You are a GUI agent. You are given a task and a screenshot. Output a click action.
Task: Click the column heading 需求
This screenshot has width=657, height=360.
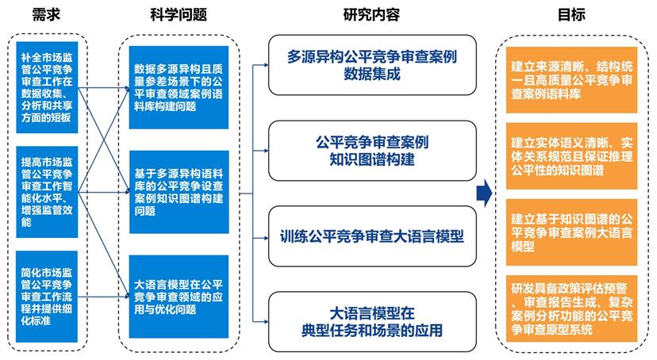47,14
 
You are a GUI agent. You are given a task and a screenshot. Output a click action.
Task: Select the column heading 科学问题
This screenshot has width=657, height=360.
179,14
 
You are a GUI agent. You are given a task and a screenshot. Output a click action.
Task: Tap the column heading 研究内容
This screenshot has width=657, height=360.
371,14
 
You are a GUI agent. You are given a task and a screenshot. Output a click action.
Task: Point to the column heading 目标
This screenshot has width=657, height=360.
571,14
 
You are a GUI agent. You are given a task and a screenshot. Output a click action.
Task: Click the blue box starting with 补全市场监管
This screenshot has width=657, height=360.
47,87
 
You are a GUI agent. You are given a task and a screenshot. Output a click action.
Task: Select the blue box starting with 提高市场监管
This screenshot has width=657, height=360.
47,192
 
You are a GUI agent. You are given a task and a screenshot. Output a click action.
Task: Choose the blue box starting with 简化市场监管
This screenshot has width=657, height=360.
47,297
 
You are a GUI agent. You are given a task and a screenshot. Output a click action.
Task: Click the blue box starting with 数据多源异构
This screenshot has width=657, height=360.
179,87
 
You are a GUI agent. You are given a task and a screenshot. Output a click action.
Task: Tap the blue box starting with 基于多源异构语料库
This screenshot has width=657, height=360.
179,192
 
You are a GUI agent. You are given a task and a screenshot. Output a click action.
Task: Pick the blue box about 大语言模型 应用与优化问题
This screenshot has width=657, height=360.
179,297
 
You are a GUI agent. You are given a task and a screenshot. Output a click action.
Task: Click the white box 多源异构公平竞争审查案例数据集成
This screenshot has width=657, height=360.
372,65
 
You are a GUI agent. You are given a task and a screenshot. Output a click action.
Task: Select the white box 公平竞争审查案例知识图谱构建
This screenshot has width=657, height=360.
372,151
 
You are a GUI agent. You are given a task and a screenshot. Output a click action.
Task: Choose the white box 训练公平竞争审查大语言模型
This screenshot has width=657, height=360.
372,236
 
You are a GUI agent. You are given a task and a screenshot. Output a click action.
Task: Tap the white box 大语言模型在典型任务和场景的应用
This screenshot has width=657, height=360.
372,321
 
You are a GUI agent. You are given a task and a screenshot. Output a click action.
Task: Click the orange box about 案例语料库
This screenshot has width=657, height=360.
571,80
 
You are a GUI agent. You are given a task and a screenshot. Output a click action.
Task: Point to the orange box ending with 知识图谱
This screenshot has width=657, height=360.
571,156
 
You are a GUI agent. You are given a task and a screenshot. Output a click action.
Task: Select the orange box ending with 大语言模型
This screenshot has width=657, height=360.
571,232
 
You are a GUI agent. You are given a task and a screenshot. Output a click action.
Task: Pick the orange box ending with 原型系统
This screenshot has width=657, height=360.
571,308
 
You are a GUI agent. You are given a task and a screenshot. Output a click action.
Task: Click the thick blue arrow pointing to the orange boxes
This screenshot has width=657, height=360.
484,193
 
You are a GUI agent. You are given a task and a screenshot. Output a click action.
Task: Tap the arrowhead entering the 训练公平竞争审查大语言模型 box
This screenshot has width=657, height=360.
266,238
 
